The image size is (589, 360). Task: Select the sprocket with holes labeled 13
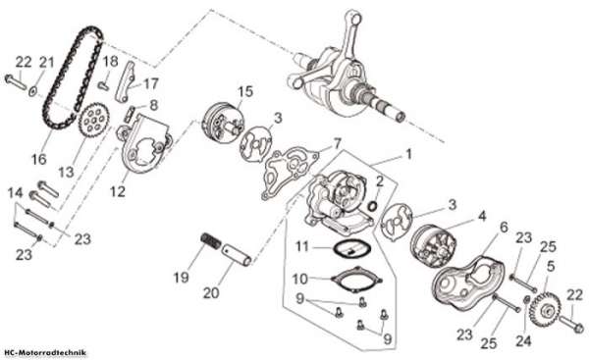click(x=94, y=122)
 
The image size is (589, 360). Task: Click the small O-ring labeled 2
click(x=372, y=205)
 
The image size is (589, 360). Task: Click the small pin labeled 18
click(x=102, y=85)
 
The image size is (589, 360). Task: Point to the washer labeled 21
click(x=33, y=91)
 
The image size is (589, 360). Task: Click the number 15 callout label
click(x=245, y=92)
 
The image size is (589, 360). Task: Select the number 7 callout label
click(x=337, y=143)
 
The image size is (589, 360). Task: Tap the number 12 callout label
click(x=118, y=191)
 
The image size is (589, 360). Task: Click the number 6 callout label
click(x=504, y=227)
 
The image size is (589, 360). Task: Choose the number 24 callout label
click(x=523, y=340)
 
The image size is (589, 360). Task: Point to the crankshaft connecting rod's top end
click(x=353, y=18)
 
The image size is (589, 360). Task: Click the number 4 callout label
click(x=482, y=216)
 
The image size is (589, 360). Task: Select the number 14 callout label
click(x=16, y=193)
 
